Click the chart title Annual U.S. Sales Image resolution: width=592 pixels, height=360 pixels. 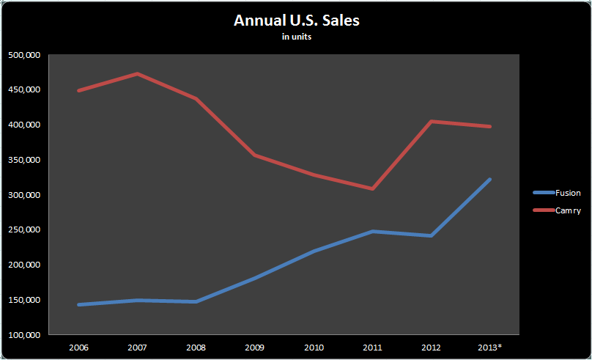point(296,21)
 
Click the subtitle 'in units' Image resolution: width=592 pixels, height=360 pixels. point(297,37)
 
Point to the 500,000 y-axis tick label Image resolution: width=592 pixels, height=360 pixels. point(24,55)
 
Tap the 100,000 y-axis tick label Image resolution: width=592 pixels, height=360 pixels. point(24,335)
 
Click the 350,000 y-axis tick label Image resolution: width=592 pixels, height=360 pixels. point(24,160)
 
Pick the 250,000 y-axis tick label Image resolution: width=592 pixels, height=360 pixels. point(24,230)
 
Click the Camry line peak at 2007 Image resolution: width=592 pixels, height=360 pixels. point(137,73)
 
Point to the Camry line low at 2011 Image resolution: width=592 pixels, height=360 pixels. point(372,188)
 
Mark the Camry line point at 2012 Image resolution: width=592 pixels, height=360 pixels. point(432,121)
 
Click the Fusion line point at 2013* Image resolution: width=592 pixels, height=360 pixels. point(490,179)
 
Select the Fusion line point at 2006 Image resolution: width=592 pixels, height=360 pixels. point(78,304)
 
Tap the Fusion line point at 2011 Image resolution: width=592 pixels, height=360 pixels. point(372,231)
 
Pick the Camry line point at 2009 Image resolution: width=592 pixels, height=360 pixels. point(255,155)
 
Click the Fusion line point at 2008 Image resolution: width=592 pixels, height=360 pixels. point(196,301)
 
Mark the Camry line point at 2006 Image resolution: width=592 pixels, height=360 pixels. point(78,90)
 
